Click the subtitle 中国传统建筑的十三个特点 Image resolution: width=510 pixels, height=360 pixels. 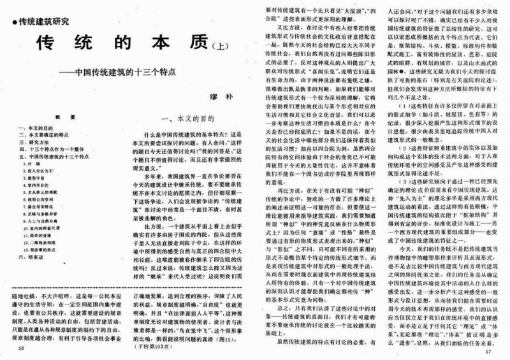pyautogui.click(x=124, y=71)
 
